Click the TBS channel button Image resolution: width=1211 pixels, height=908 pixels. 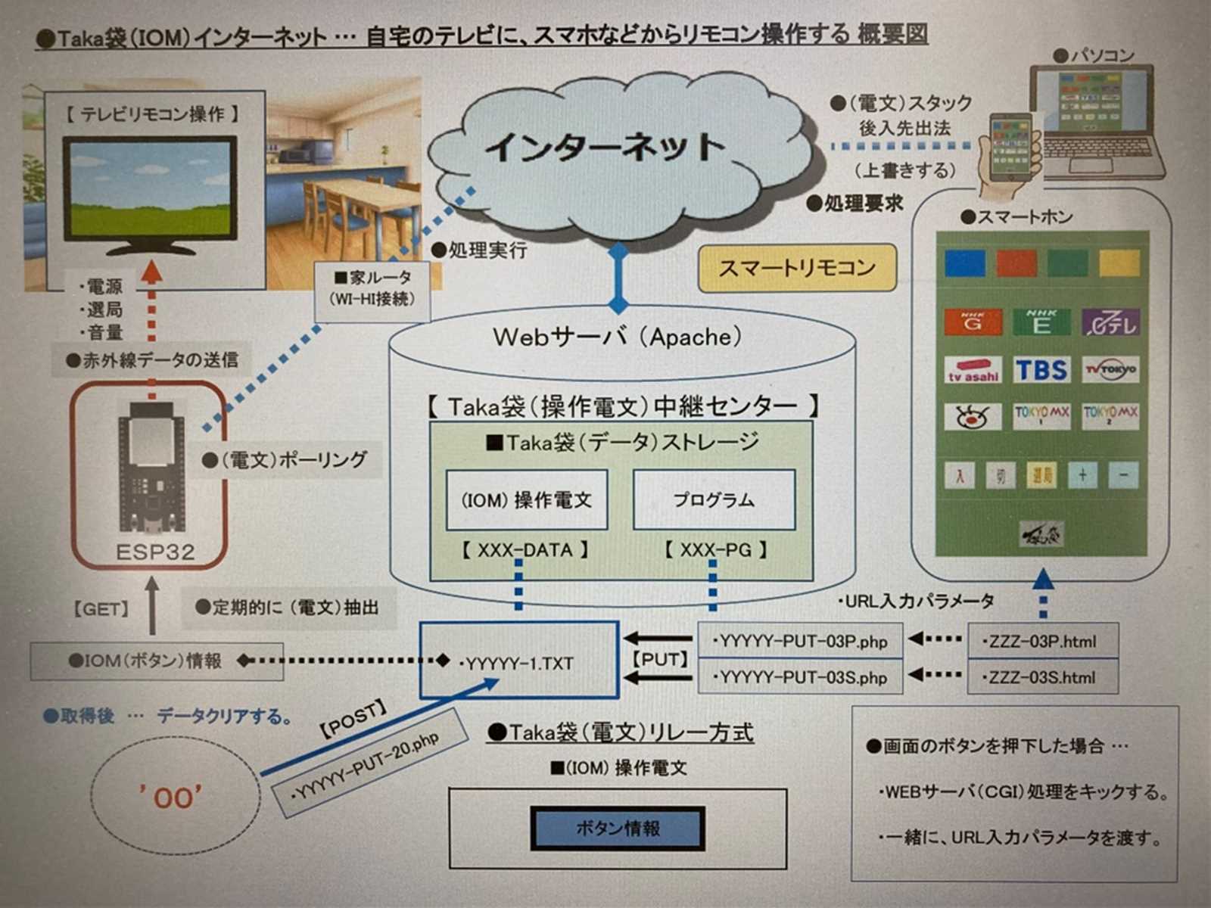1041,370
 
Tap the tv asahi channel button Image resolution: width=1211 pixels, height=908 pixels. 973,370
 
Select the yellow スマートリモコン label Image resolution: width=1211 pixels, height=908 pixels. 797,268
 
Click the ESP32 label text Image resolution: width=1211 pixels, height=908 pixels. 154,552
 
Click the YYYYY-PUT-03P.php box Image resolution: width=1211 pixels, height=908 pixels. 799,642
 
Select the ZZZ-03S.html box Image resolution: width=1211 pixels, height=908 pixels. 1043,677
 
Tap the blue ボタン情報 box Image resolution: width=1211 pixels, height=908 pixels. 618,829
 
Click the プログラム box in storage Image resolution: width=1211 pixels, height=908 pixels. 714,499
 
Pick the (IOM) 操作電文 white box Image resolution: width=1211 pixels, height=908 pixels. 527,499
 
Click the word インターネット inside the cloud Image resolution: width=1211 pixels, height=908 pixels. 605,148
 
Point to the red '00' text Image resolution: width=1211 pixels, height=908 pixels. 171,797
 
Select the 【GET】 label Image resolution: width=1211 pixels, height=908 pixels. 101,609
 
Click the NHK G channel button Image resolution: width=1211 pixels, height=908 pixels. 973,322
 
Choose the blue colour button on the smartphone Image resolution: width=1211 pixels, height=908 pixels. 965,263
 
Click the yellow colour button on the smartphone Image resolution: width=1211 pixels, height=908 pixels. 1119,263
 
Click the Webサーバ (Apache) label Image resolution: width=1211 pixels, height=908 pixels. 618,337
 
